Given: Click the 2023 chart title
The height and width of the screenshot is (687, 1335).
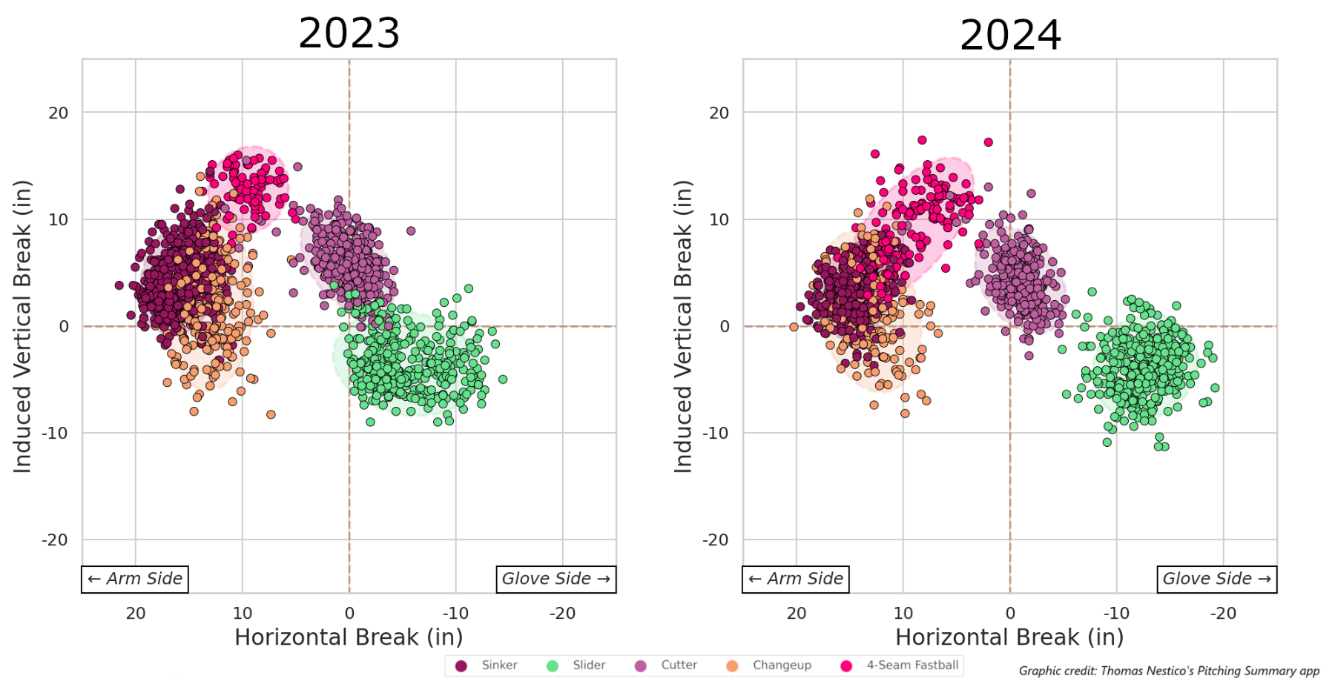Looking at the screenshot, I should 349,34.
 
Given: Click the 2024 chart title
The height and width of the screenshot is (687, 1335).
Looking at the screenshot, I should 1009,36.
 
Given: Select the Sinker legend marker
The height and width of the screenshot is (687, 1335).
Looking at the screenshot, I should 461,666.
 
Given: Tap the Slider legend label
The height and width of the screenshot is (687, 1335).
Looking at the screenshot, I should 589,666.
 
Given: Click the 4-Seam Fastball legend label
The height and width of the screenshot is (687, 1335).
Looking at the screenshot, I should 912,666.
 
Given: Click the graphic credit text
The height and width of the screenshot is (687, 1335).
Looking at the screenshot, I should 1169,671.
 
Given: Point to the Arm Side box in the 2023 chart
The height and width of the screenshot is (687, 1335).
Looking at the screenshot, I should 135,579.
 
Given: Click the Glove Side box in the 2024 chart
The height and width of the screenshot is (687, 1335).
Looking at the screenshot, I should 1216,579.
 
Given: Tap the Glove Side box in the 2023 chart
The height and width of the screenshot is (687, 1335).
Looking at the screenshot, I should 556,579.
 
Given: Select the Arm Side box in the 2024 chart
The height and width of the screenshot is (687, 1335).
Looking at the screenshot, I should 795,579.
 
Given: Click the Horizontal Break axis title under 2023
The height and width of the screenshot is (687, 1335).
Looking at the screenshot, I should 349,637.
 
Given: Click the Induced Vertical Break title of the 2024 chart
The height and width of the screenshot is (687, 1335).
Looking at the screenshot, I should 683,326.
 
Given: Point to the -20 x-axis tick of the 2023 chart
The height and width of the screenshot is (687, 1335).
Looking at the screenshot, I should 562,614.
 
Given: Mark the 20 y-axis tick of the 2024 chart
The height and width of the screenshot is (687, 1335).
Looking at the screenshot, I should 719,113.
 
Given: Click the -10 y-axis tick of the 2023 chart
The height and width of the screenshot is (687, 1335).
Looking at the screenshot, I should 55,433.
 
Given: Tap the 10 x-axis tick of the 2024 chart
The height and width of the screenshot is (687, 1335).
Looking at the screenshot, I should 903,614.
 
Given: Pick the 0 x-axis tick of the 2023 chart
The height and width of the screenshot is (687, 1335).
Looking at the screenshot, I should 349,614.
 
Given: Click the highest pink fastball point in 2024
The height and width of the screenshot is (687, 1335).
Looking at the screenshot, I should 922,140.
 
